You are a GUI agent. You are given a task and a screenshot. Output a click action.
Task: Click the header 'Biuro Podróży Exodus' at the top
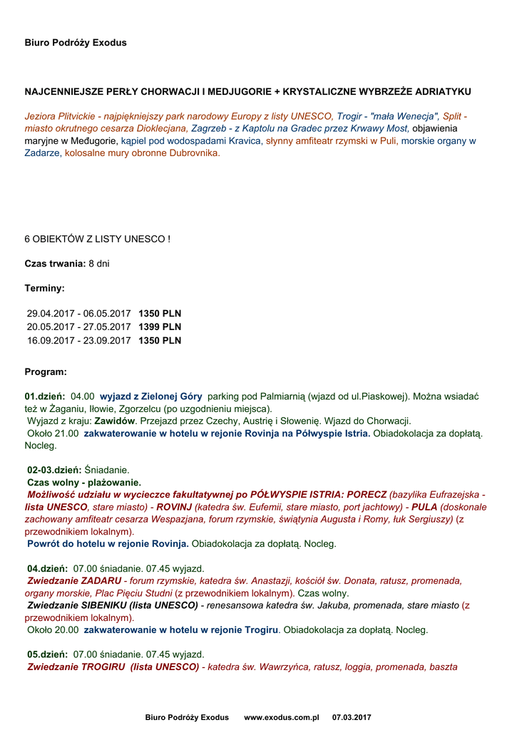pos(76,43)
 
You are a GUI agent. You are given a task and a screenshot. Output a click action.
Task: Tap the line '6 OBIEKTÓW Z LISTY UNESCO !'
pos(97,239)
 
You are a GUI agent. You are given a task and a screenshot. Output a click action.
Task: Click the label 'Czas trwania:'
pos(56,264)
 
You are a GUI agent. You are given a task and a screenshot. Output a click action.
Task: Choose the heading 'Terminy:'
pos(45,289)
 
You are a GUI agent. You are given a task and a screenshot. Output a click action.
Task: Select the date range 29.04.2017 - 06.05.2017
pos(79,314)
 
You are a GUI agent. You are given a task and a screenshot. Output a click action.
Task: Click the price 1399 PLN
pos(160,327)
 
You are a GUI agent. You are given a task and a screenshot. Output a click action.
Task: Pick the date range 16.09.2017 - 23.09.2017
pos(79,341)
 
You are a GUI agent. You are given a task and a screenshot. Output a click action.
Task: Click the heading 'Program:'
pos(46,372)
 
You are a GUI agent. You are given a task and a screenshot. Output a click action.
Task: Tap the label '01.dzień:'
pos(45,396)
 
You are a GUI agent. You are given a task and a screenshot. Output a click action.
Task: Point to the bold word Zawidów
pos(116,421)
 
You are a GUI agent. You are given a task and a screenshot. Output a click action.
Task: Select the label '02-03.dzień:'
pos(55,470)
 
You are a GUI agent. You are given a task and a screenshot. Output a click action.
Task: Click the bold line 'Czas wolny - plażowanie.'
pos(84,483)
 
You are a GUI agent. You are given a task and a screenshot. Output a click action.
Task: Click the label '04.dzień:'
pos(46,569)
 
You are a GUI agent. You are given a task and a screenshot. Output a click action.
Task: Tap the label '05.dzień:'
pos(46,654)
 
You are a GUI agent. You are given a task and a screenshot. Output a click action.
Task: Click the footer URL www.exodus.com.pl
pos(282,717)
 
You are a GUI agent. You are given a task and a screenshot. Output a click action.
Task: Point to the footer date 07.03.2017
pos(352,717)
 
